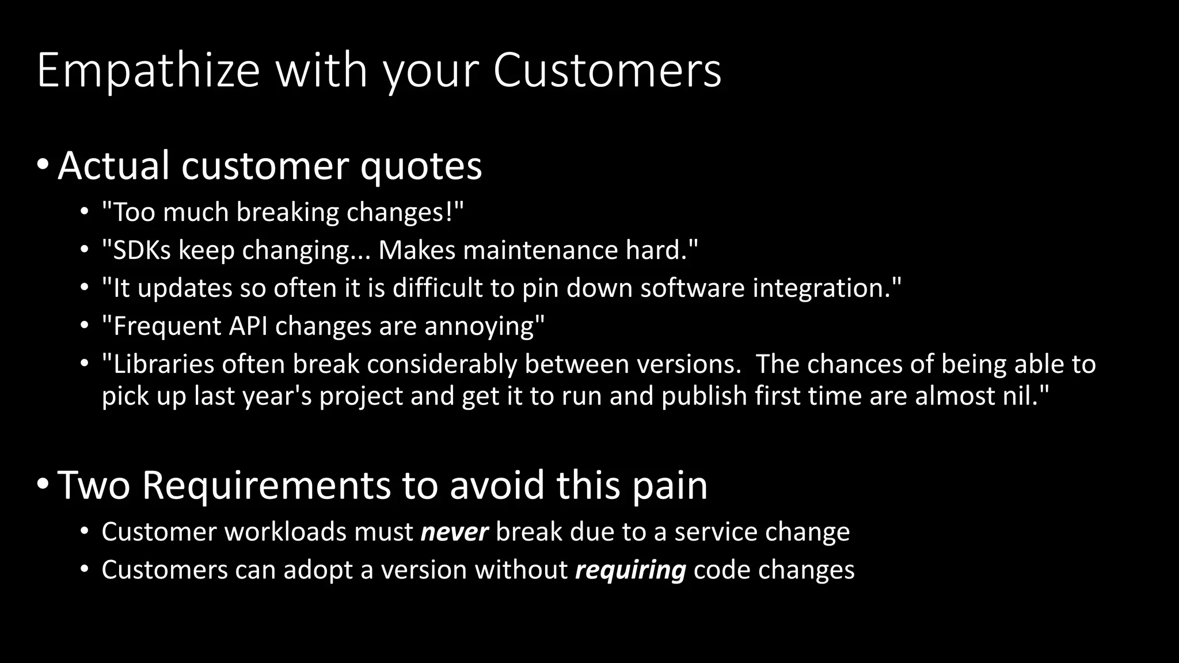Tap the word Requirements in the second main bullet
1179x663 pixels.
pyautogui.click(x=266, y=486)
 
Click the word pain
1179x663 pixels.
pyautogui.click(x=670, y=486)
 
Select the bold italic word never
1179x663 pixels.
pyautogui.click(x=454, y=532)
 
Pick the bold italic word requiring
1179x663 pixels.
pyautogui.click(x=630, y=570)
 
